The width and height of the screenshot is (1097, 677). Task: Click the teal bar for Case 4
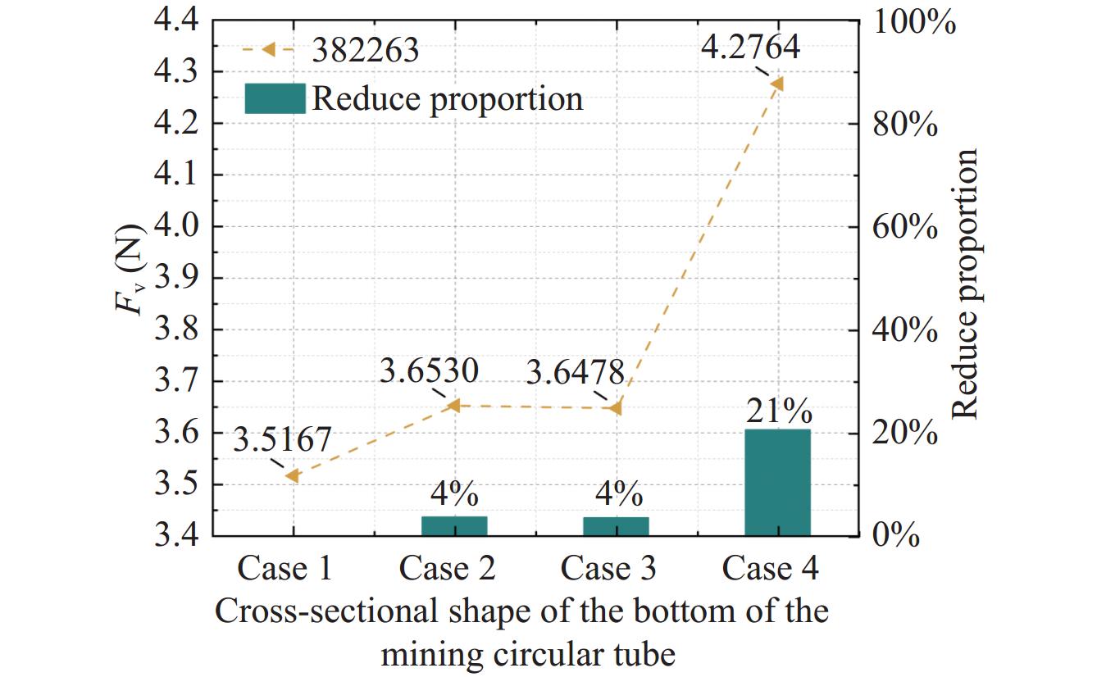click(x=777, y=482)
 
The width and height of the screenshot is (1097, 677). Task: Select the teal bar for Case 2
click(x=454, y=526)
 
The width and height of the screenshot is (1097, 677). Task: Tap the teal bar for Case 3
click(x=616, y=526)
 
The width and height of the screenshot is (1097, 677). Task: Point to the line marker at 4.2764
click(x=777, y=84)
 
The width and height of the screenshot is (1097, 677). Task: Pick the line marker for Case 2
click(x=454, y=405)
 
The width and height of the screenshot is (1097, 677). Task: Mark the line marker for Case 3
click(x=617, y=407)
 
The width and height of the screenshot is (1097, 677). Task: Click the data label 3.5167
click(x=281, y=440)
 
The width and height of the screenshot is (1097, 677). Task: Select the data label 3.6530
click(x=429, y=372)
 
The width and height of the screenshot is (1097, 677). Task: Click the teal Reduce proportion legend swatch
click(x=275, y=98)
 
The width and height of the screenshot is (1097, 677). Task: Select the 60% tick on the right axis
click(x=903, y=226)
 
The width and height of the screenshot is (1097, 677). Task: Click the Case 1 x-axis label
click(x=284, y=568)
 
